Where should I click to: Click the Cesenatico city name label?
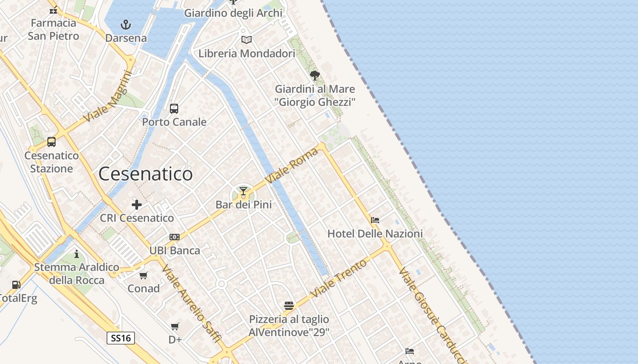point(145,174)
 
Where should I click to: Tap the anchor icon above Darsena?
point(125,25)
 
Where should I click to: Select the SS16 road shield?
point(121,338)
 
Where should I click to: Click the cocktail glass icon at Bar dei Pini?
point(243,191)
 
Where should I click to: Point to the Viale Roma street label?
point(292,166)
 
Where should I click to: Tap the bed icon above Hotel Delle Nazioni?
point(375,220)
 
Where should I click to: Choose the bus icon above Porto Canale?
point(174,108)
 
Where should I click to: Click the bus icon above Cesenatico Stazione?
point(51,142)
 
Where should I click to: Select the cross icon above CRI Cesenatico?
point(136,205)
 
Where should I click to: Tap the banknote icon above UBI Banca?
point(175,237)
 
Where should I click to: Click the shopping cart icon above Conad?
point(144,275)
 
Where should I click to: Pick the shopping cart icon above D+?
point(175,326)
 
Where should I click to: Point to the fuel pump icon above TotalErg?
point(16,285)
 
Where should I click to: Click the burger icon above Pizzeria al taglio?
point(288,305)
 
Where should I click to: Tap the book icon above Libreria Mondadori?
point(247,40)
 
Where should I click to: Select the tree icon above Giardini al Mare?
point(314,76)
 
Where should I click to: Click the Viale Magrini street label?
point(108,99)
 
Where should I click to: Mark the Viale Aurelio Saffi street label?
point(191,304)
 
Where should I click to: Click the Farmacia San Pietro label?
point(53,29)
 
